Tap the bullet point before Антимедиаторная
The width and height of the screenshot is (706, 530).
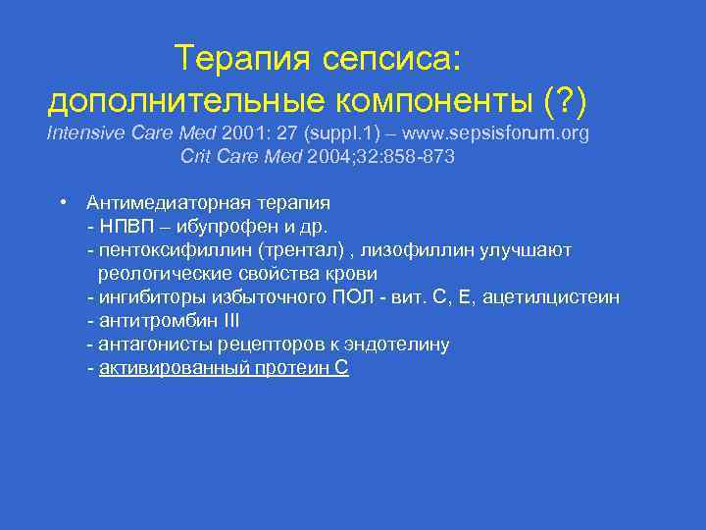(x=62, y=202)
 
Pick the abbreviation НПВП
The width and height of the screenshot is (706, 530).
(x=124, y=227)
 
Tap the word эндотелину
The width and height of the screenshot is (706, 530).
(x=399, y=344)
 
